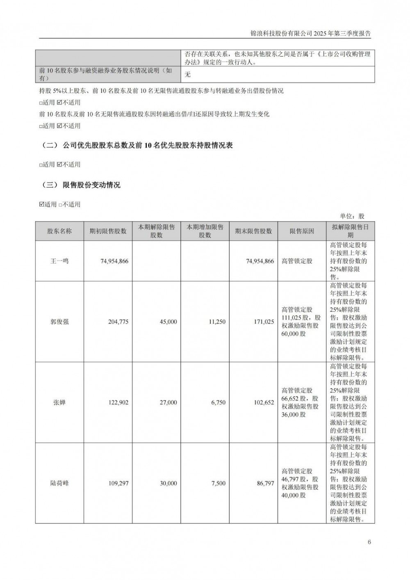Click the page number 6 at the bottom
(x=369, y=542)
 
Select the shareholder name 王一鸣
(x=59, y=261)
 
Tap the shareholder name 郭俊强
(x=59, y=322)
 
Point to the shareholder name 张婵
(x=59, y=403)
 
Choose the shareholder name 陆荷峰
(x=59, y=484)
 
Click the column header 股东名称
(x=59, y=231)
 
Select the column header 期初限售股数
(x=108, y=231)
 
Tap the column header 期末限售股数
(x=253, y=231)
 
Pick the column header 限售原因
(x=302, y=231)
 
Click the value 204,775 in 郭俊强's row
(x=118, y=322)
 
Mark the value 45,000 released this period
(x=168, y=322)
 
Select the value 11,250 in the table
(x=217, y=322)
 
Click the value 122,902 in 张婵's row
(x=118, y=403)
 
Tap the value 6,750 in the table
(x=218, y=403)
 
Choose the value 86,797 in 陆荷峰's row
(x=265, y=484)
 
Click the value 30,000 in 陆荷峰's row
(x=168, y=484)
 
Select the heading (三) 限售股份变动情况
(x=82, y=185)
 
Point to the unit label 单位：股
(x=352, y=216)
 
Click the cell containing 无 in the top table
(x=188, y=75)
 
